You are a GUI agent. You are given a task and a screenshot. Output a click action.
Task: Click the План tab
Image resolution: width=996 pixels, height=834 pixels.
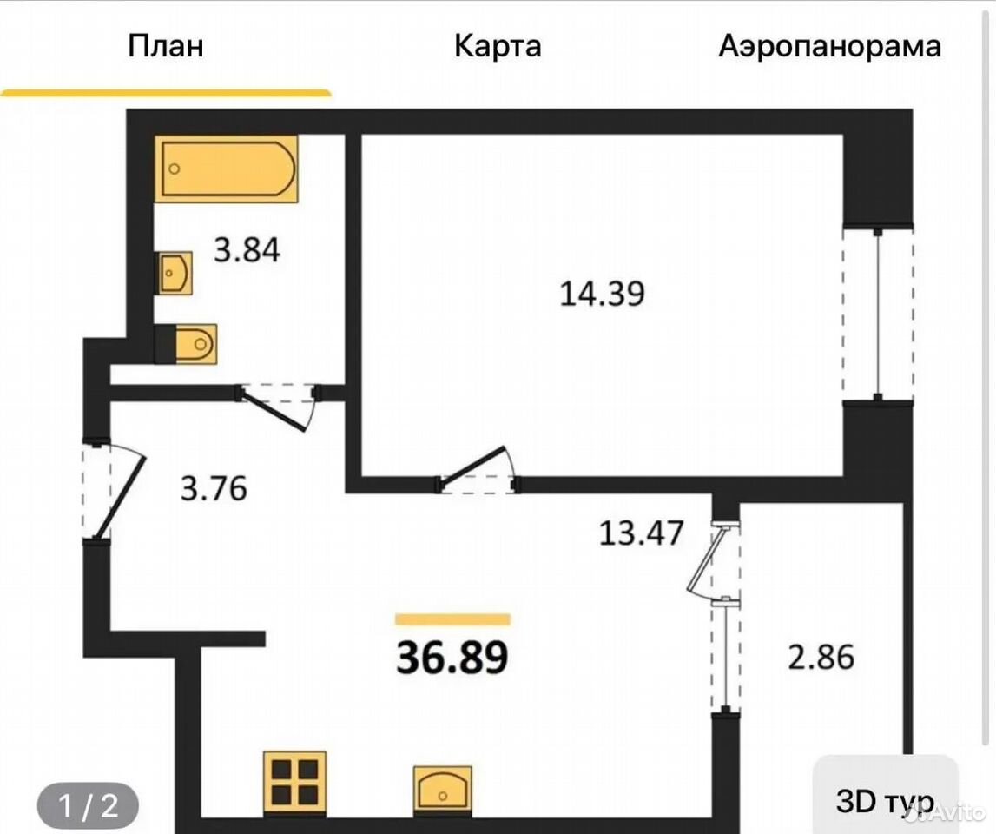pyautogui.click(x=166, y=46)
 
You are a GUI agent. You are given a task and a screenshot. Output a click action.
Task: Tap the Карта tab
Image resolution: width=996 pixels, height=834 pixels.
pyautogui.click(x=498, y=46)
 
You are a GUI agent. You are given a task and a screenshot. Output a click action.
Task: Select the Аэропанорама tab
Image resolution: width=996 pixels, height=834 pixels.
pyautogui.click(x=829, y=46)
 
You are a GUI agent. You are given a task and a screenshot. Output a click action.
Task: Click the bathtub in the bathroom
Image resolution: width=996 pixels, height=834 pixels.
pyautogui.click(x=226, y=169)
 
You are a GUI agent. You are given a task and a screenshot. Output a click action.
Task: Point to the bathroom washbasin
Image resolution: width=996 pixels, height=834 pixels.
pyautogui.click(x=174, y=273)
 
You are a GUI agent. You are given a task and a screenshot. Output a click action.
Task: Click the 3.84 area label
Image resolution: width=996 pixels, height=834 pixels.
pyautogui.click(x=247, y=250)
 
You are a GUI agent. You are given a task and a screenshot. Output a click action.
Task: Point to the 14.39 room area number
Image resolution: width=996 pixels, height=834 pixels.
pyautogui.click(x=602, y=294)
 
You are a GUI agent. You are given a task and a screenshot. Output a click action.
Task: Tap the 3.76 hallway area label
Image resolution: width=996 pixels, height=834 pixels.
pyautogui.click(x=214, y=489)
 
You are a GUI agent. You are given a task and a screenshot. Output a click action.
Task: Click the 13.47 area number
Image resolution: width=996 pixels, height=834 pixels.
pyautogui.click(x=642, y=533)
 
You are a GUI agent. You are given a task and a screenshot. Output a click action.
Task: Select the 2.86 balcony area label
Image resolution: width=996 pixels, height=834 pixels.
pyautogui.click(x=821, y=657)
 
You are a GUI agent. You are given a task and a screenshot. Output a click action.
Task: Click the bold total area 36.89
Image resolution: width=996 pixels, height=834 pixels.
pyautogui.click(x=452, y=658)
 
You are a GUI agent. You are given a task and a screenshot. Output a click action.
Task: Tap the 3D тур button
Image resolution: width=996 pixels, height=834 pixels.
pyautogui.click(x=885, y=801)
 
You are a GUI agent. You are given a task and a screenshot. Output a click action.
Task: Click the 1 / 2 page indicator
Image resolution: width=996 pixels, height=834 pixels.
pyautogui.click(x=89, y=806)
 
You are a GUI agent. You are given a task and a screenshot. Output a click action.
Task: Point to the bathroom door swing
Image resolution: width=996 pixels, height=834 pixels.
pyautogui.click(x=278, y=406)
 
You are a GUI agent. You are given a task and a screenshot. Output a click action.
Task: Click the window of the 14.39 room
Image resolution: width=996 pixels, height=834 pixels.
pyautogui.click(x=878, y=314)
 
